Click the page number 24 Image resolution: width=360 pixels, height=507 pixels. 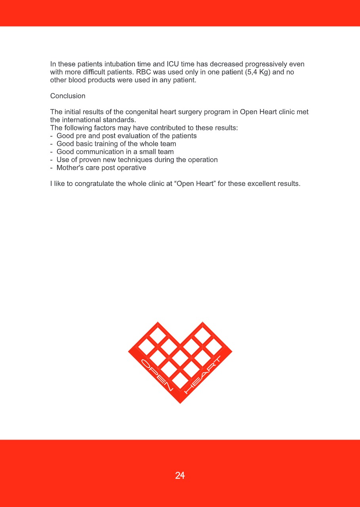180,475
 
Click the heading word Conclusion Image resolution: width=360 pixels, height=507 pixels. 68,96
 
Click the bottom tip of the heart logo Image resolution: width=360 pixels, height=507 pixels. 180,402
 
